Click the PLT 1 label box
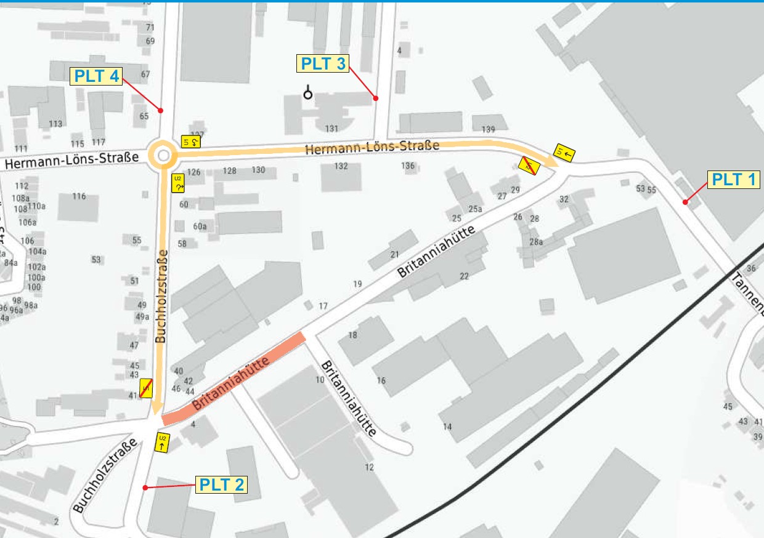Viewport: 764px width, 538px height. pos(734,179)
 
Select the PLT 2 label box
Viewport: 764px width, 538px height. pos(221,485)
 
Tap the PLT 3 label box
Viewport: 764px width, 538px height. pos(323,63)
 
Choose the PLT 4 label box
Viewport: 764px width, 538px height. pos(97,76)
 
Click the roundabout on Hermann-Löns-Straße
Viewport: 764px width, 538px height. pos(163,156)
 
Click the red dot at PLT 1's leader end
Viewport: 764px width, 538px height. pos(685,202)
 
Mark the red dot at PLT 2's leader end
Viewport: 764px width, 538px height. pos(145,488)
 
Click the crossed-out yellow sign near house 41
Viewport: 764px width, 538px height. pos(146,388)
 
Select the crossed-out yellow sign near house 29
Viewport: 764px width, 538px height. pos(529,165)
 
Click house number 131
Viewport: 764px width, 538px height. pos(332,129)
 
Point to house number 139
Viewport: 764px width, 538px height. pos(489,129)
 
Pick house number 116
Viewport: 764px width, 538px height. pos(79,196)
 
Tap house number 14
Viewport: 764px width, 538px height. pos(447,427)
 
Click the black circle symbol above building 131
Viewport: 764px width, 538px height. pos(307,94)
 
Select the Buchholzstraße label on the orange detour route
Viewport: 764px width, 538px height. pos(161,296)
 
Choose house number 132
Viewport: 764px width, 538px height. pos(341,166)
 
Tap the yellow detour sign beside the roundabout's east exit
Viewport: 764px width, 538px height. pos(190,142)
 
